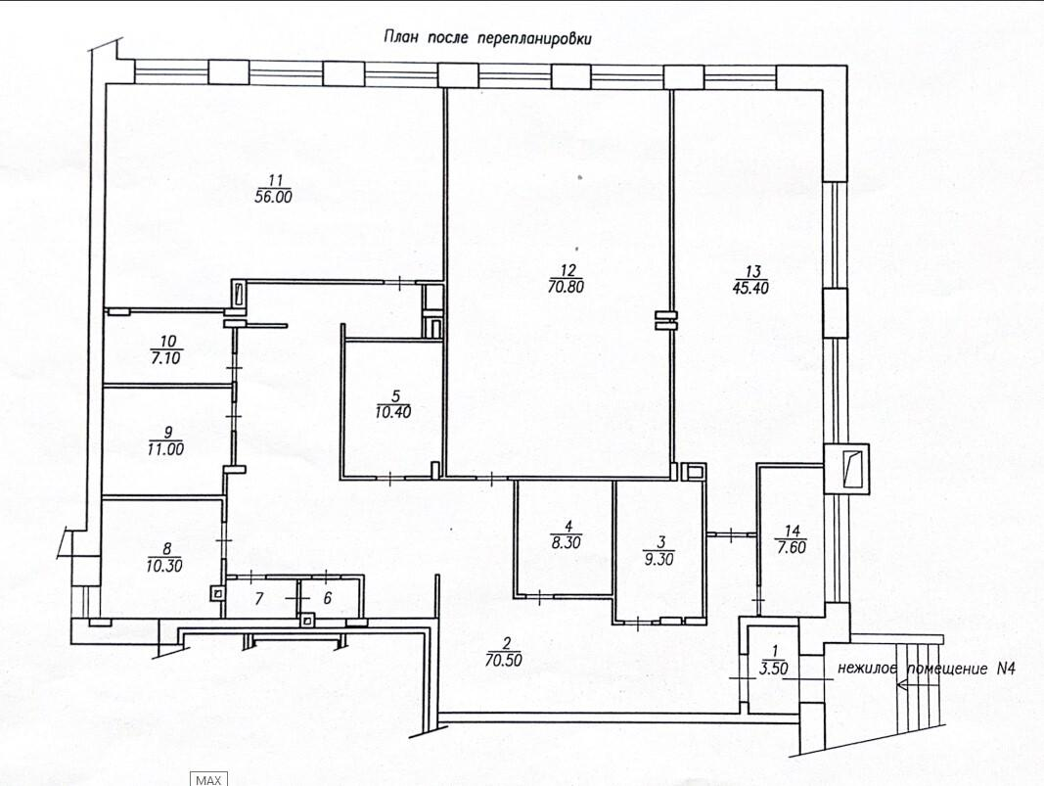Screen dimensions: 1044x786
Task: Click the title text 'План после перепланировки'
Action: (487, 38)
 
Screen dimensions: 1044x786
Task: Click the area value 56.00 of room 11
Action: (274, 197)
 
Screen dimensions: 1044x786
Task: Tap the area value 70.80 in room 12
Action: (565, 287)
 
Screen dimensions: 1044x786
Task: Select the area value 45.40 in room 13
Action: (752, 288)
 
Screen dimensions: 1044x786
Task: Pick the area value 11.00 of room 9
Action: (165, 449)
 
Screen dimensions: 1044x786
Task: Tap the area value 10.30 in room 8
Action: (163, 566)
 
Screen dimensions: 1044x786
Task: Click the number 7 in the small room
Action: (259, 598)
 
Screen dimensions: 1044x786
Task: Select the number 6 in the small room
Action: (327, 598)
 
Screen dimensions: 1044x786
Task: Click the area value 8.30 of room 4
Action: (566, 542)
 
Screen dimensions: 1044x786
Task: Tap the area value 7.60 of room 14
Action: (792, 548)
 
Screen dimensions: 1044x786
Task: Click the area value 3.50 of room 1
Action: (773, 669)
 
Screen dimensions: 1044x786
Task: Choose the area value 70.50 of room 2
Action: (503, 660)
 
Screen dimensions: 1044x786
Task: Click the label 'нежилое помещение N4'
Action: (927, 669)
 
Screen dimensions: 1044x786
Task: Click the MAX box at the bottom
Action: (209, 779)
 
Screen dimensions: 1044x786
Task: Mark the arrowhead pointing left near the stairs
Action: (901, 684)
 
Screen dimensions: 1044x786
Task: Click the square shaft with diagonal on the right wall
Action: (846, 468)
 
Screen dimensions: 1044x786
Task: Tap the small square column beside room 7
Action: (217, 593)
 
